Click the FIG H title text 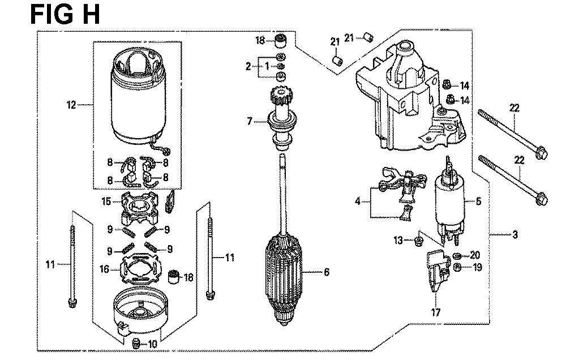pyautogui.click(x=65, y=15)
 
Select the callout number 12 pyautogui.click(x=71, y=105)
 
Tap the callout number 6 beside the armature pyautogui.click(x=327, y=272)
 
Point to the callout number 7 pyautogui.click(x=250, y=121)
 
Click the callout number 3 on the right pyautogui.click(x=514, y=235)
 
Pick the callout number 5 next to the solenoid pyautogui.click(x=478, y=201)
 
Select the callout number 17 pyautogui.click(x=436, y=312)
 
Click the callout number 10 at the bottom pyautogui.click(x=153, y=344)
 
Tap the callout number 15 pyautogui.click(x=106, y=201)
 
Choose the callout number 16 pyautogui.click(x=104, y=269)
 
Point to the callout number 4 pyautogui.click(x=358, y=201)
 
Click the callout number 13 pyautogui.click(x=398, y=240)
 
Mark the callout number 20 pyautogui.click(x=475, y=255)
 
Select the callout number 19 pyautogui.click(x=477, y=268)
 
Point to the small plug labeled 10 pyautogui.click(x=136, y=344)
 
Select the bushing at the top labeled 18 pyautogui.click(x=281, y=41)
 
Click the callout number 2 pyautogui.click(x=248, y=66)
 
